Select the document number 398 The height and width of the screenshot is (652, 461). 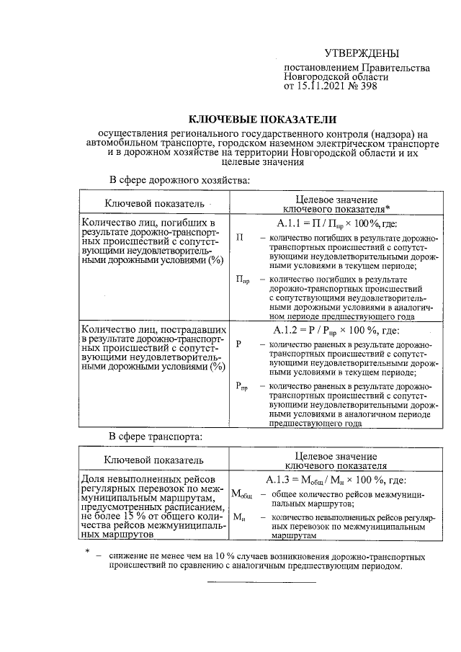(x=365, y=87)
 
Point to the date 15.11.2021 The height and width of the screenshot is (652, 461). (x=322, y=87)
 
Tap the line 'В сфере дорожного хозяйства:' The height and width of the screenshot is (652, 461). (x=180, y=179)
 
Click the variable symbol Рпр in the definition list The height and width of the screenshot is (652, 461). (x=242, y=388)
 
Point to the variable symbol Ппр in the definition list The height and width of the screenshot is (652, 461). (x=243, y=280)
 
